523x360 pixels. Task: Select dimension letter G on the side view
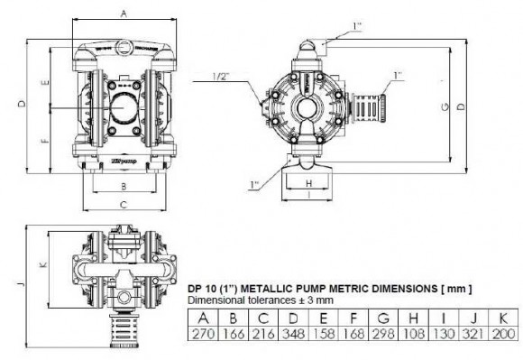tap(444, 107)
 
